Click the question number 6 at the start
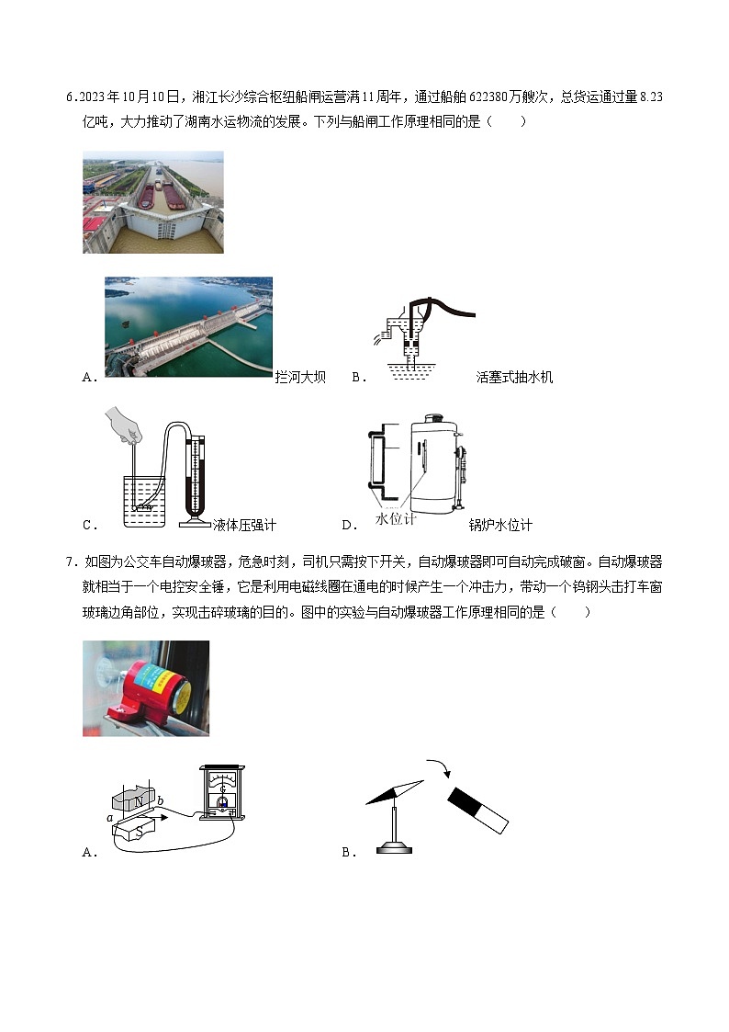(71, 97)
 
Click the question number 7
(71, 562)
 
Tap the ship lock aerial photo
(152, 202)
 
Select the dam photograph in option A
(188, 326)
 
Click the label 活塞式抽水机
(514, 377)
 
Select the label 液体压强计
(244, 526)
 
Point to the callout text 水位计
(396, 519)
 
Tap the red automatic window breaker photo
(146, 688)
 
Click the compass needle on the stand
(395, 793)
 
